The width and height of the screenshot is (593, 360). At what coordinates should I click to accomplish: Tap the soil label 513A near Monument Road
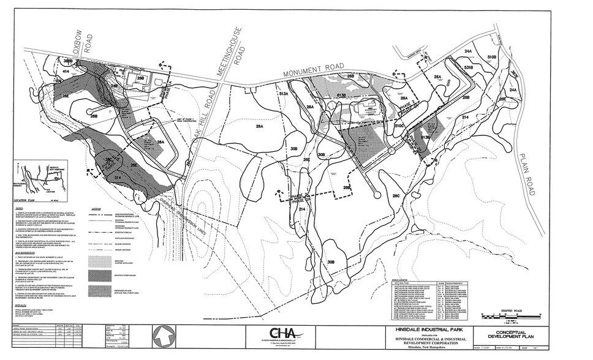pyautogui.click(x=283, y=94)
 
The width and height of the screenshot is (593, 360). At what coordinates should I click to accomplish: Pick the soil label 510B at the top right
pyautogui.click(x=491, y=57)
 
